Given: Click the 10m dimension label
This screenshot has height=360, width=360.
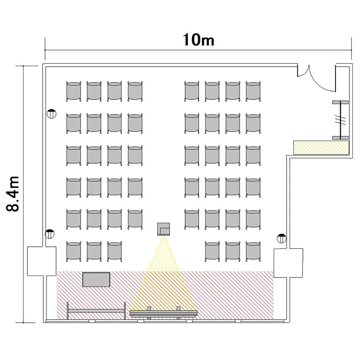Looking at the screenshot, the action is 199,40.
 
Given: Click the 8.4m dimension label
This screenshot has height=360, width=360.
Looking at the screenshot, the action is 12,193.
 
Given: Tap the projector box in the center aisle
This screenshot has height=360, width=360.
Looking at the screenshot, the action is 164,229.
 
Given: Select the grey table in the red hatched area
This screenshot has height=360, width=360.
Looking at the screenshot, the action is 96,279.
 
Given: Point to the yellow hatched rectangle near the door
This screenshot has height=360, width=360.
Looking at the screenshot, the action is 321,148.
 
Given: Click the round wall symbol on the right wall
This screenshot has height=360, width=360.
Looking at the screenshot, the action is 281,239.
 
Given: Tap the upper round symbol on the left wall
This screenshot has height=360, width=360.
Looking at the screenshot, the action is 51,114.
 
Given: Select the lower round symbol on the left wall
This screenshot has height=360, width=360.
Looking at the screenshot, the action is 49,234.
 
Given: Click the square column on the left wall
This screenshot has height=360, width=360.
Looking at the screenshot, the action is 42,261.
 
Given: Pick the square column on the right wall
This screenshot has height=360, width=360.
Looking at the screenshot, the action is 288,263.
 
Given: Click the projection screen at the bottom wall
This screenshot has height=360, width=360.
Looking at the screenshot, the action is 164,313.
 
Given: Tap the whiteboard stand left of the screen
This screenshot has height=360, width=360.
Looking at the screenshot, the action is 96,311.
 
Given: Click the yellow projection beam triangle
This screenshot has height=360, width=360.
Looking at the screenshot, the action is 164,276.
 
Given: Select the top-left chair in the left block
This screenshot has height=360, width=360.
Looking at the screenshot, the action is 74,91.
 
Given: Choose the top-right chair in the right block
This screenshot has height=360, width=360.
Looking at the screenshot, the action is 253,91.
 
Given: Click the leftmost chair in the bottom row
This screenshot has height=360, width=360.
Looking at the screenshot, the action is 74,252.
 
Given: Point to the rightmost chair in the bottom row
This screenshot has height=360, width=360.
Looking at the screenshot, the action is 253,252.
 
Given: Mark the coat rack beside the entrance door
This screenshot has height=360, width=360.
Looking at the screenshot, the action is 340,120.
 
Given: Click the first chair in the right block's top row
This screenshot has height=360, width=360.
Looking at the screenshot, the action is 192,91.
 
